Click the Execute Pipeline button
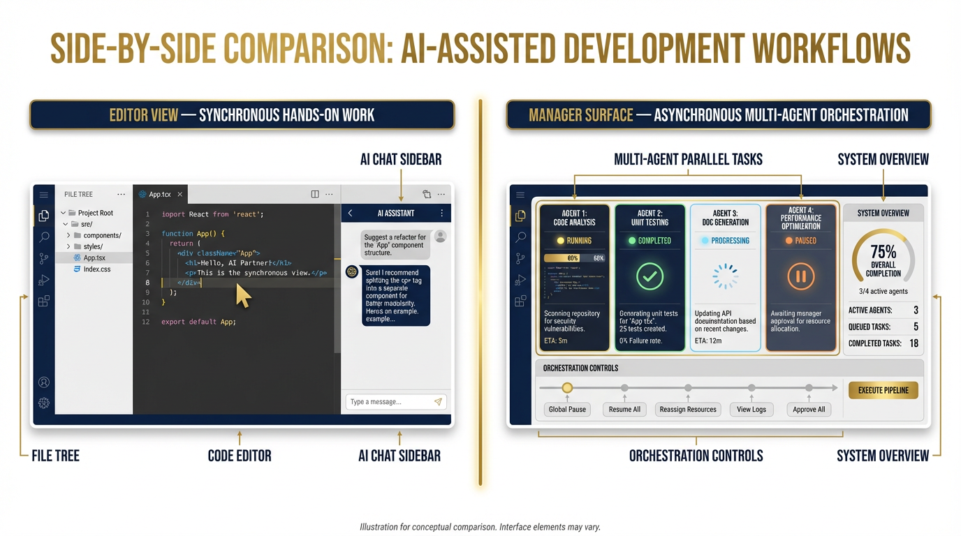pos(883,390)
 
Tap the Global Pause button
pos(567,410)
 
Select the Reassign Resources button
pos(688,410)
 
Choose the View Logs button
pos(751,410)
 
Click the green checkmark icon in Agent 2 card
pos(650,276)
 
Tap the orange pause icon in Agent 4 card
pos(800,276)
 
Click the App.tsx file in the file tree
pos(94,258)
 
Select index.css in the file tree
pos(96,269)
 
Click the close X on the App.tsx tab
pos(179,195)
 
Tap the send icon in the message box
pos(438,402)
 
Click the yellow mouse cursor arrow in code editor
pos(242,296)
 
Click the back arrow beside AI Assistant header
pos(351,214)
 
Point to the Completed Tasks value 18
pos(914,343)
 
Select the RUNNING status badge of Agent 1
pos(574,241)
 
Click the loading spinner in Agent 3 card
pos(725,276)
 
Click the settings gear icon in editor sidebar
pos(44,403)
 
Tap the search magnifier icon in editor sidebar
pos(44,237)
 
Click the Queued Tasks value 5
pos(916,327)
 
